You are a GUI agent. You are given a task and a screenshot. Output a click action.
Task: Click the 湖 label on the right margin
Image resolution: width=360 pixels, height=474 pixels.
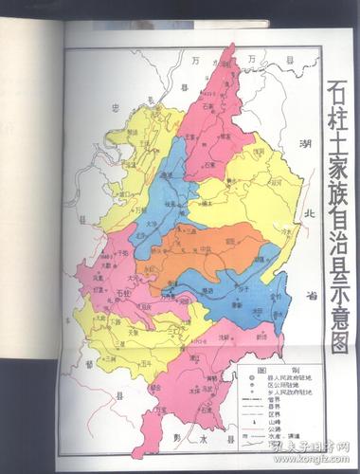tap(305, 144)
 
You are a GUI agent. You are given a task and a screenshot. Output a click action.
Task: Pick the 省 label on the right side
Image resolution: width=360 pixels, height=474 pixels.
tap(309, 295)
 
